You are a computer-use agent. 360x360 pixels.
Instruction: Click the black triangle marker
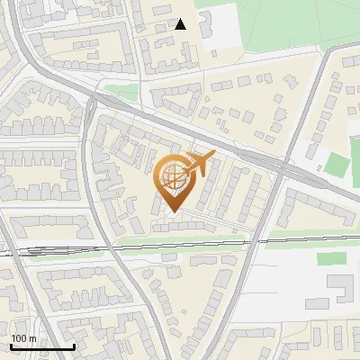[x=181, y=24]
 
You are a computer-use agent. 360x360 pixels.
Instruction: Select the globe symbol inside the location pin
[x=172, y=178]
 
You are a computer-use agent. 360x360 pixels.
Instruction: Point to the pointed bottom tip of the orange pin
[x=172, y=212]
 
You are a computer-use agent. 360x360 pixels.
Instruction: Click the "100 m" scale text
[x=23, y=338]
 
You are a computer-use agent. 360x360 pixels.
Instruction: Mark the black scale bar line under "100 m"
[x=41, y=346]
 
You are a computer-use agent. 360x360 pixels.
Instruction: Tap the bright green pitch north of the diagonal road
[x=336, y=165]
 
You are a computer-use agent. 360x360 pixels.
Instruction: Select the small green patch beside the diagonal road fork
[x=121, y=91]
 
